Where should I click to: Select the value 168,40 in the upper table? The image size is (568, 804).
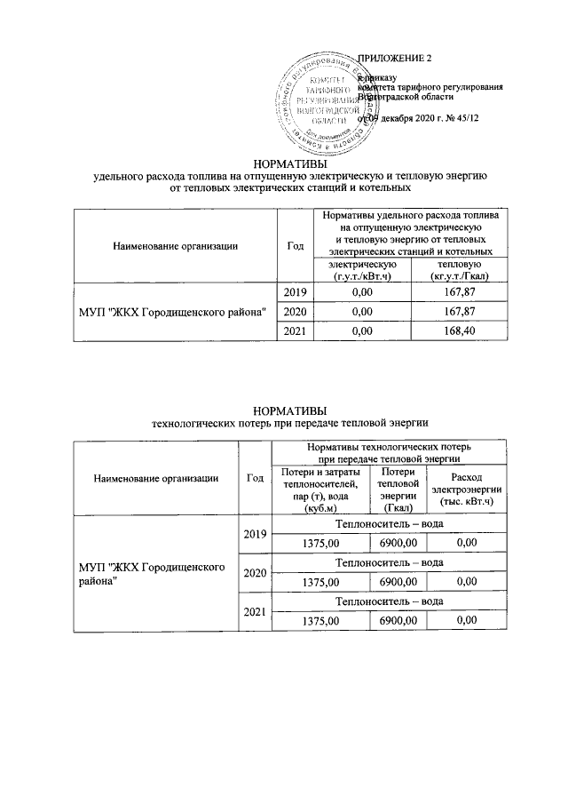pos(453,331)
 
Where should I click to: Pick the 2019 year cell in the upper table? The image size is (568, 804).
pos(294,291)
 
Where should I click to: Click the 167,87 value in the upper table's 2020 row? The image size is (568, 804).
pos(453,312)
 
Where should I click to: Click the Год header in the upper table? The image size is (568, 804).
pos(293,245)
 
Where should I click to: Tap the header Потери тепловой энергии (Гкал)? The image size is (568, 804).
pos(392,490)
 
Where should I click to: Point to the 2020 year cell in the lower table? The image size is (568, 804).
pos(256,572)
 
